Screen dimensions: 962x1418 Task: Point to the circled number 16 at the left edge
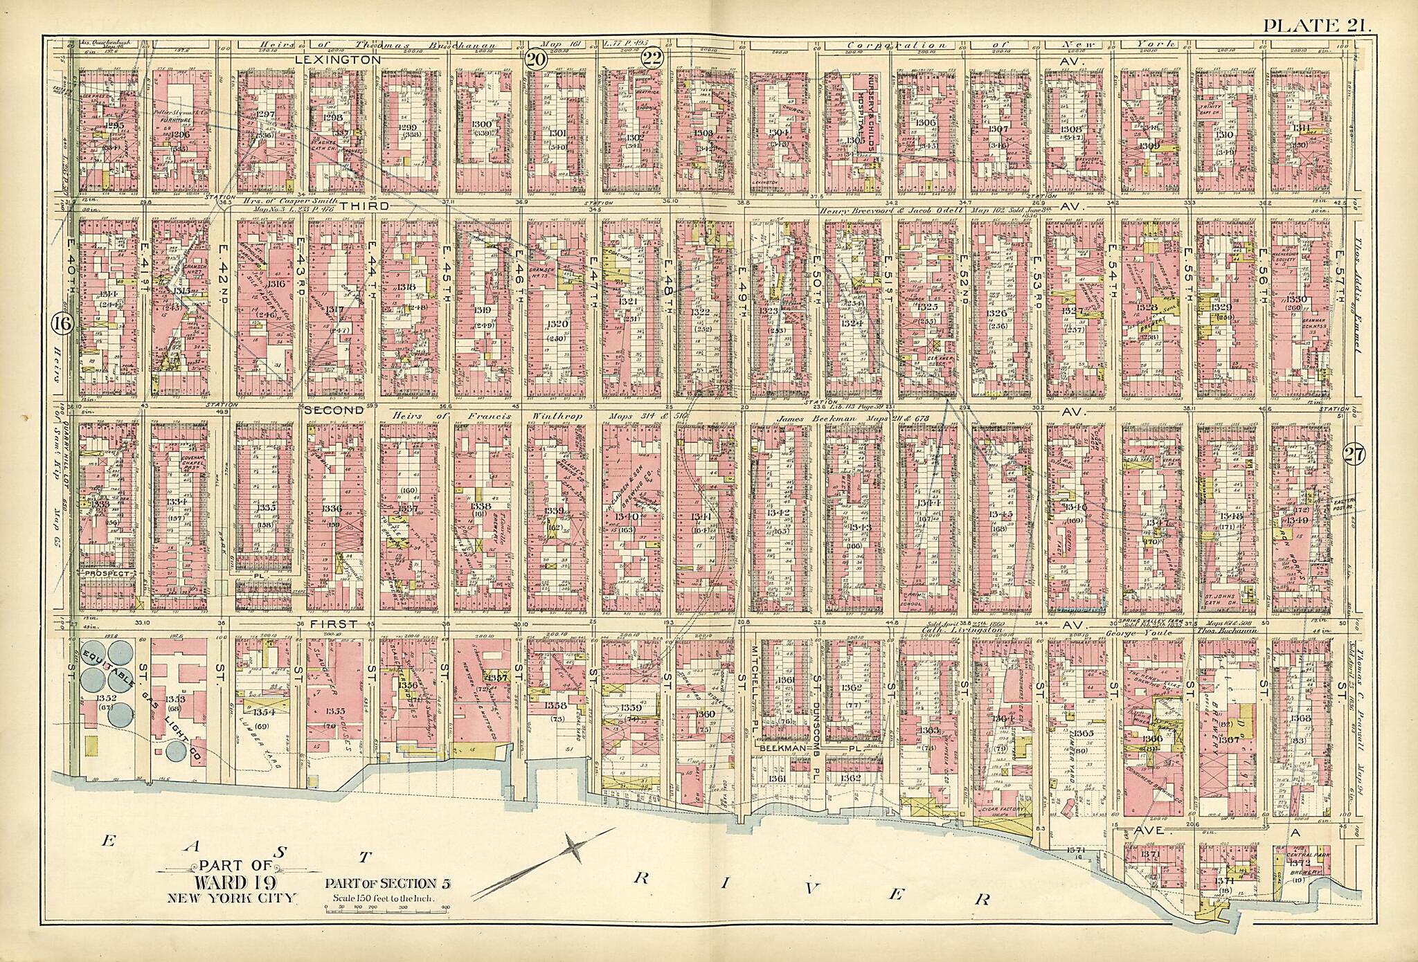61,323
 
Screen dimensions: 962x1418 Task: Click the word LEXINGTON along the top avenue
338,60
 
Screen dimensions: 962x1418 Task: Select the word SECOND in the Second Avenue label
334,410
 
